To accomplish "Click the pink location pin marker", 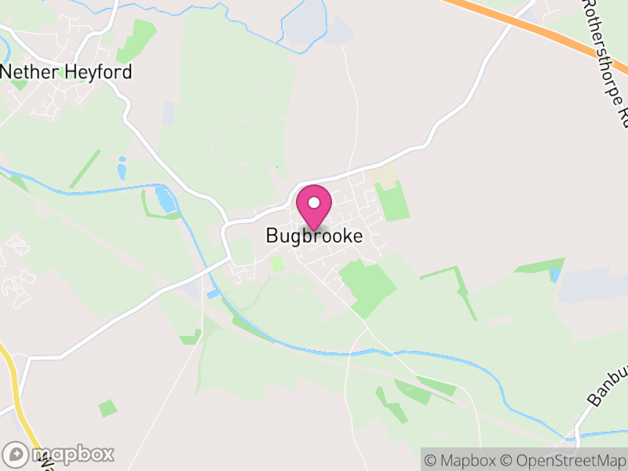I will [314, 208].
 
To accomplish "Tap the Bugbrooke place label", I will [314, 235].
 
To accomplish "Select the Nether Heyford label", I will [66, 72].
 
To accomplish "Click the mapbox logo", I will [59, 454].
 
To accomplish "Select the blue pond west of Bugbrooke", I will [166, 199].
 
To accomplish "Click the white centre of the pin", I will [314, 203].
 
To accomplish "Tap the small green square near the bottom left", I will [108, 408].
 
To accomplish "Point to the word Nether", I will [27, 72].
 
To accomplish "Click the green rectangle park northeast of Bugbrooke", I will [392, 200].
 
